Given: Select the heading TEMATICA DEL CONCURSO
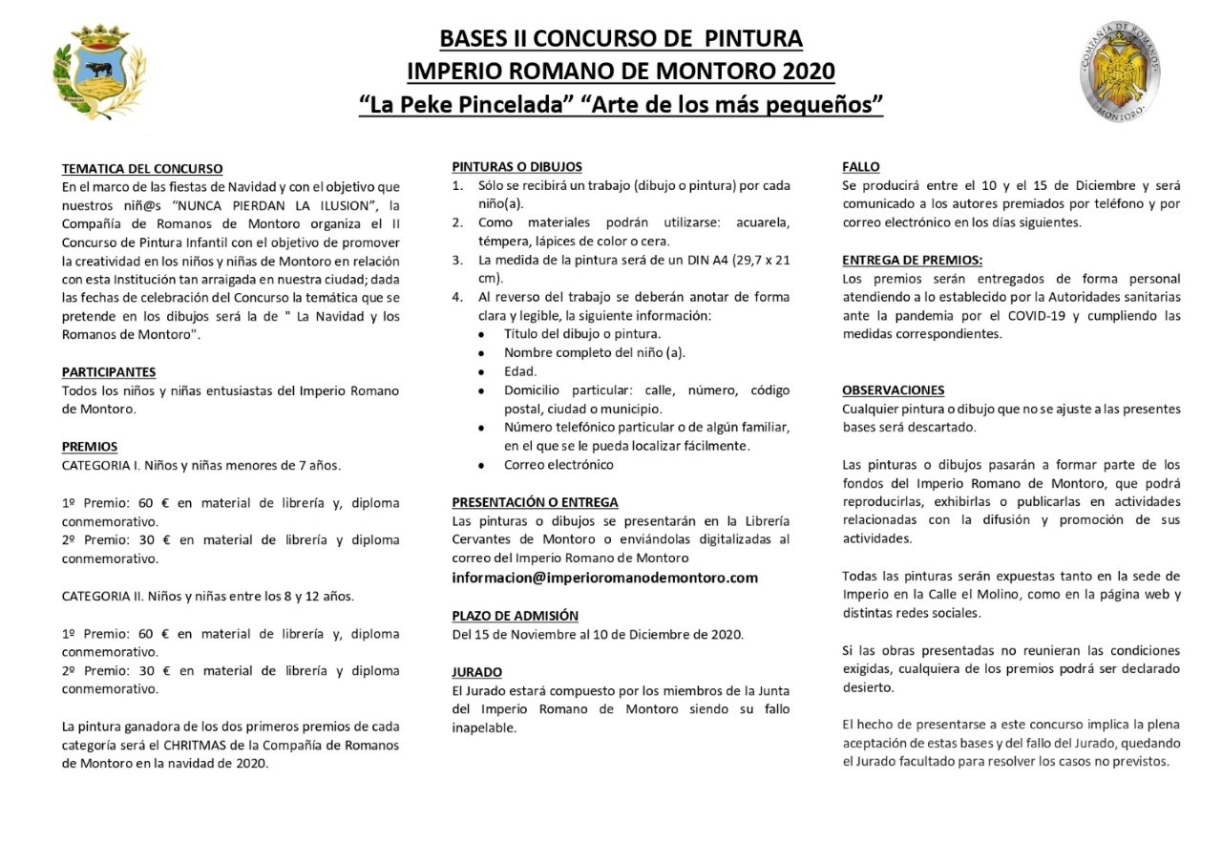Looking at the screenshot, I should click(142, 169).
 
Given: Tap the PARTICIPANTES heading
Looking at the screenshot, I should click(109, 372).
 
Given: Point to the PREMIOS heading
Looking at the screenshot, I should click(90, 447).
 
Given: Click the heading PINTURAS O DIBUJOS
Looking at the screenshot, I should click(516, 167).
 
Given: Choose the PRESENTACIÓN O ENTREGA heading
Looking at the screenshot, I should click(535, 502).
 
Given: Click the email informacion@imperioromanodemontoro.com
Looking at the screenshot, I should click(604, 578).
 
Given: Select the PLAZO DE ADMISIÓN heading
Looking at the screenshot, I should click(515, 616).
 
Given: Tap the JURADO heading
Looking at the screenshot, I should click(476, 672).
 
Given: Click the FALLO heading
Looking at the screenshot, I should click(861, 167).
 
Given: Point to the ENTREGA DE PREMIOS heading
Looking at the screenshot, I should click(912, 261).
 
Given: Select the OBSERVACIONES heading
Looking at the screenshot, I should click(893, 390).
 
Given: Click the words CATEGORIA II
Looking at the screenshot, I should click(102, 597).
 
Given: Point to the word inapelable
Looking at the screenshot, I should click(484, 727).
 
